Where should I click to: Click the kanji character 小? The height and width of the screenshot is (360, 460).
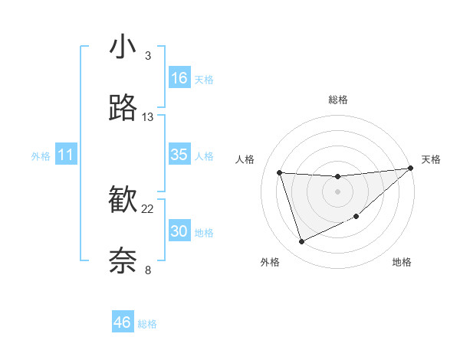point(123,47)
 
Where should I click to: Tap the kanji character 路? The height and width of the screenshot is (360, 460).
point(123,109)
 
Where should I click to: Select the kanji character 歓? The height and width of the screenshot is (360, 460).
point(123,201)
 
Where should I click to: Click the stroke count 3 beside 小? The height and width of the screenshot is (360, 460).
point(148,56)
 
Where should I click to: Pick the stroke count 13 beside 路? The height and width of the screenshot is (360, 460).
point(148,117)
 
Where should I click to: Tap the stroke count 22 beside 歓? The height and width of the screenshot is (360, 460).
point(148,209)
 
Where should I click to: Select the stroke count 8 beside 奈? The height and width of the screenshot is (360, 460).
point(148,270)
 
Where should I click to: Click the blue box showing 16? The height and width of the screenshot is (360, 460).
point(179,78)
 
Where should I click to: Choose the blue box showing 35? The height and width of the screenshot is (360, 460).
point(179,155)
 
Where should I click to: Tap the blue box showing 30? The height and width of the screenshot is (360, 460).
point(179,231)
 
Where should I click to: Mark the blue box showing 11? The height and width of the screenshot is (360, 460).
point(66,155)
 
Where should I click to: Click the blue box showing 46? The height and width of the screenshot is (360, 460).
point(123,322)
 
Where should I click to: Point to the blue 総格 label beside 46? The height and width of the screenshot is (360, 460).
point(147,324)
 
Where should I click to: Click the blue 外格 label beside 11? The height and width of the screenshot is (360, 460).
point(41,156)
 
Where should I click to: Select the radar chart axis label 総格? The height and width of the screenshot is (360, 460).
point(338,100)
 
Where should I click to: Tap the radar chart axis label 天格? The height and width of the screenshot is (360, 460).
point(431,159)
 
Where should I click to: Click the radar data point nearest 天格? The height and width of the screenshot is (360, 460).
point(410,169)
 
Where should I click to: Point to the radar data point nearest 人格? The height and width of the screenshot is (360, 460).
point(280,172)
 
